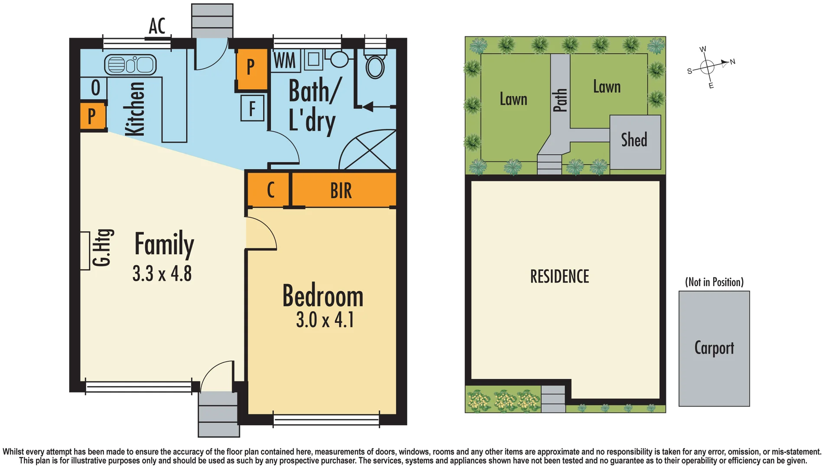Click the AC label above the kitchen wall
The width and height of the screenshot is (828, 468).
(157, 26)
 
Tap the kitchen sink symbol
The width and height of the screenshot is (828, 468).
(130, 65)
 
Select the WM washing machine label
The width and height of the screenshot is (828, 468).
(285, 61)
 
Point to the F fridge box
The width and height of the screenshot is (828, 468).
(252, 108)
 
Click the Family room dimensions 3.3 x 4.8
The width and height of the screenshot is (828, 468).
(162, 274)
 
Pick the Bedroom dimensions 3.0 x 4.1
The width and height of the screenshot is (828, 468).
(325, 320)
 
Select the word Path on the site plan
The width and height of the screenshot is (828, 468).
(560, 101)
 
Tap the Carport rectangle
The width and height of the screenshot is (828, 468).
(714, 348)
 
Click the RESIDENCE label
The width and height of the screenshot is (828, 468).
(559, 276)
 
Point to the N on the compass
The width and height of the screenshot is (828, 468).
(733, 62)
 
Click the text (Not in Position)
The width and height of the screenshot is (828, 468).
(714, 282)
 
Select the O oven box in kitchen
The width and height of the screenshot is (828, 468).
(95, 88)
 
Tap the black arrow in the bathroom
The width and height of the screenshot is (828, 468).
(368, 107)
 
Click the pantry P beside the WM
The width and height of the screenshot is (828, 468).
(251, 67)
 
